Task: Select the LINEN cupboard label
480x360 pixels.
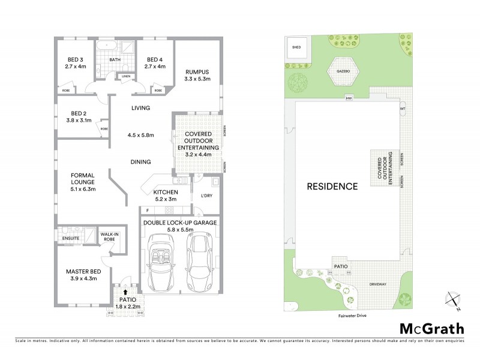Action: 125,77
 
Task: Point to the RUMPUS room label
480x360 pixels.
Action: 197,71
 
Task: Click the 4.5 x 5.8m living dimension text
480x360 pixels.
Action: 141,135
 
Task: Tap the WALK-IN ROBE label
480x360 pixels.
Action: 109,237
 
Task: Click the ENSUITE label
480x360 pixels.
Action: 70,238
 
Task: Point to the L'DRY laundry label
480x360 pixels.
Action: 206,195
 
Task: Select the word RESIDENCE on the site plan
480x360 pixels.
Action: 332,186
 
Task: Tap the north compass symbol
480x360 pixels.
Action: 453,299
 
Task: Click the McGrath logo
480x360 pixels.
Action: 431,329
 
